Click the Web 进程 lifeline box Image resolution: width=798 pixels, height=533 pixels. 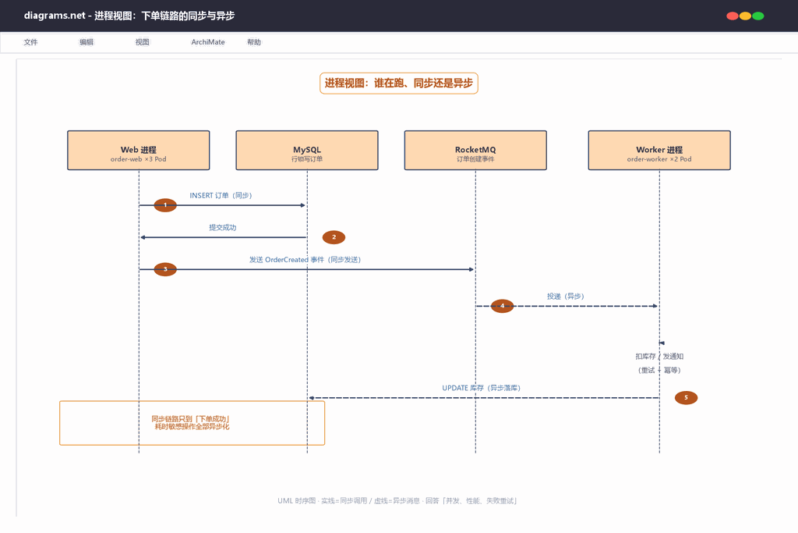point(139,151)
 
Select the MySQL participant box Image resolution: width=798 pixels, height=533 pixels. point(307,151)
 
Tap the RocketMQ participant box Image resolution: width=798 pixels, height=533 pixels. point(475,151)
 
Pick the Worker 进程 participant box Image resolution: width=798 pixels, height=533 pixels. point(659,151)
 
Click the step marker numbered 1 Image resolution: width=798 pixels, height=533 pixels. point(165,204)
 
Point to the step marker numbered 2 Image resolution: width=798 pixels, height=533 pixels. point(334,237)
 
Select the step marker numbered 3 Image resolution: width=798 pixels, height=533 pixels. point(165,269)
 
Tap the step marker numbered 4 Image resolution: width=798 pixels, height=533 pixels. point(503,306)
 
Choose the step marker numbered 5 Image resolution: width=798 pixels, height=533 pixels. point(686,397)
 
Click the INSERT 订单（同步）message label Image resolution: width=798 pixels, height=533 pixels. point(221,195)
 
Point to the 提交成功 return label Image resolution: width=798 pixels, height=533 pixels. point(222,227)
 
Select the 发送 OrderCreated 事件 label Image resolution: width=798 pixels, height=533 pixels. point(305,259)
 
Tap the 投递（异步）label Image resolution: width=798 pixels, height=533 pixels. point(566,296)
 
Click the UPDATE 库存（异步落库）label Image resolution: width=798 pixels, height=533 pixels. point(481,388)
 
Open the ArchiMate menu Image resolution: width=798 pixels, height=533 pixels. point(207,42)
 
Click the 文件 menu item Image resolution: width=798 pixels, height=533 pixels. point(30,42)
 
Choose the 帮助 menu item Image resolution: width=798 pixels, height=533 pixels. point(254,42)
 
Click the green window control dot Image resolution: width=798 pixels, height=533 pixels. point(758,16)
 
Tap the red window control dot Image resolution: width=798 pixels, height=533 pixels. point(733,16)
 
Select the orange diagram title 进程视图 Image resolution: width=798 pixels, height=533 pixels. point(399,83)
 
